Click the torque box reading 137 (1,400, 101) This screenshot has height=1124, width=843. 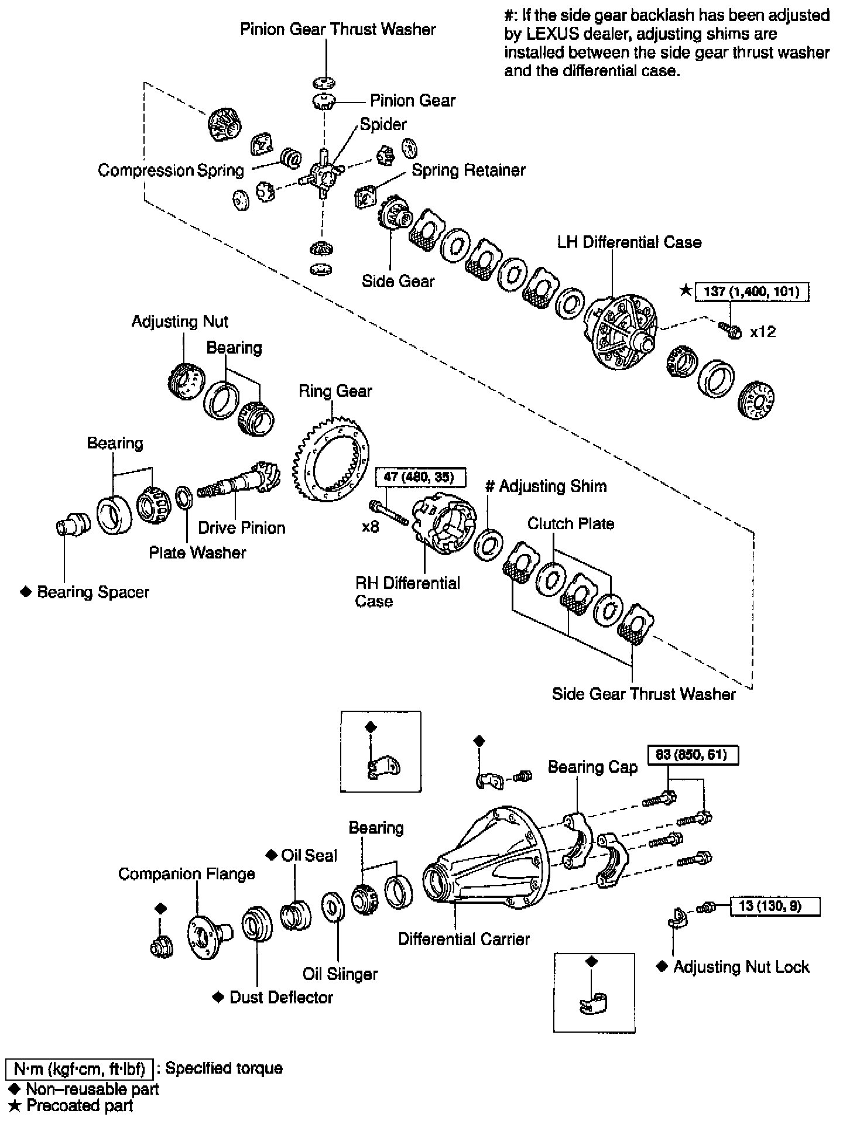coord(752,292)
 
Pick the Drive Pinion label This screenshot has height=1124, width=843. coord(241,527)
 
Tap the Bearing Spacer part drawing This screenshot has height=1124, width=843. coord(72,523)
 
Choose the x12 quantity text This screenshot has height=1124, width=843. coord(763,332)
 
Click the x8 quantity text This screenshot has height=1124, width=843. coord(371,527)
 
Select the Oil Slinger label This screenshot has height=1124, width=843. coord(340,974)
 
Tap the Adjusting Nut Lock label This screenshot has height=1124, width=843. coord(741,967)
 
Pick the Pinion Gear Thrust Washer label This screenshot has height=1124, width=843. coord(338,30)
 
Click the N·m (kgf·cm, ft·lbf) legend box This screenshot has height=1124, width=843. coord(79,1069)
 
